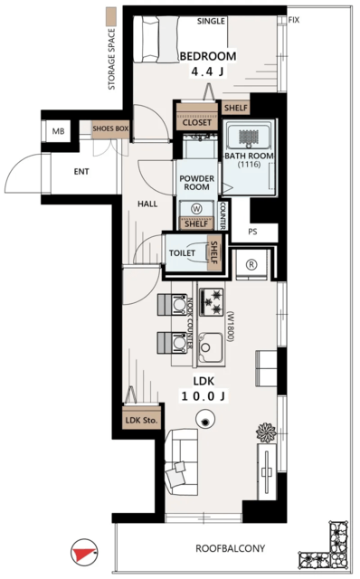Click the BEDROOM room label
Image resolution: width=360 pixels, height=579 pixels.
tap(208, 56)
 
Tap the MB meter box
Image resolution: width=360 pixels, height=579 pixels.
tap(58, 131)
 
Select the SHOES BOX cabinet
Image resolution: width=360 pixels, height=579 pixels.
tap(110, 128)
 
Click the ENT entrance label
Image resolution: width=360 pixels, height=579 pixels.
tap(81, 172)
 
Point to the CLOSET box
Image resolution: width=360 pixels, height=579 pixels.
tap(197, 122)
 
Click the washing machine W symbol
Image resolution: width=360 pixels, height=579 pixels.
tap(197, 209)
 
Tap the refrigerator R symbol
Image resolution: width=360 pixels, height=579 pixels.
tap(251, 264)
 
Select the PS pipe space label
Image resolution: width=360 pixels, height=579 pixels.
tap(252, 233)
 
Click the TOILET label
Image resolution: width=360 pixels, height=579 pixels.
tap(182, 253)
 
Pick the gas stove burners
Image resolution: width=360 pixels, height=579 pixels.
tap(212, 302)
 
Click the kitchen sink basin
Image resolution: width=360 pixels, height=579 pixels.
tap(211, 347)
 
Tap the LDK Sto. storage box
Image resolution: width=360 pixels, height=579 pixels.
tap(142, 420)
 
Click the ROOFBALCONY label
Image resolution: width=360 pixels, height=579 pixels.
tap(230, 548)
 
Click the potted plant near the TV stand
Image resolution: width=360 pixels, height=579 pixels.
tap(266, 432)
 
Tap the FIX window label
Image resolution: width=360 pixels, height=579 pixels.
tap(294, 20)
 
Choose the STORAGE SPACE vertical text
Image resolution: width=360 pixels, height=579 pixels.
tap(111, 59)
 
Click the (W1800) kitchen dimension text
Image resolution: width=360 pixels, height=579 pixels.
tap(231, 327)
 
